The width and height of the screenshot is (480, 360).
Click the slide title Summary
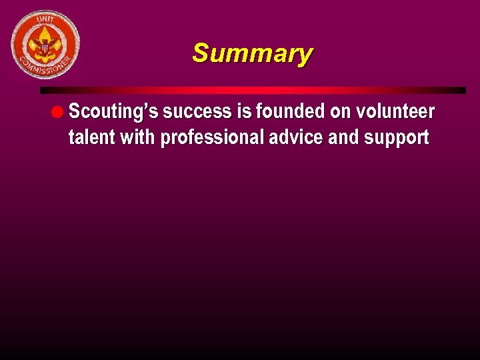pyautogui.click(x=251, y=54)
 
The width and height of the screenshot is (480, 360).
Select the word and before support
pyautogui.click(x=343, y=137)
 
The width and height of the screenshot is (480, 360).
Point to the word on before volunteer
pyautogui.click(x=340, y=112)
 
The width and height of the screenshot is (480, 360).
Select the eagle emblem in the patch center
pyautogui.click(x=46, y=45)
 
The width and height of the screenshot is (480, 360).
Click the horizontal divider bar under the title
pyautogui.click(x=253, y=90)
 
